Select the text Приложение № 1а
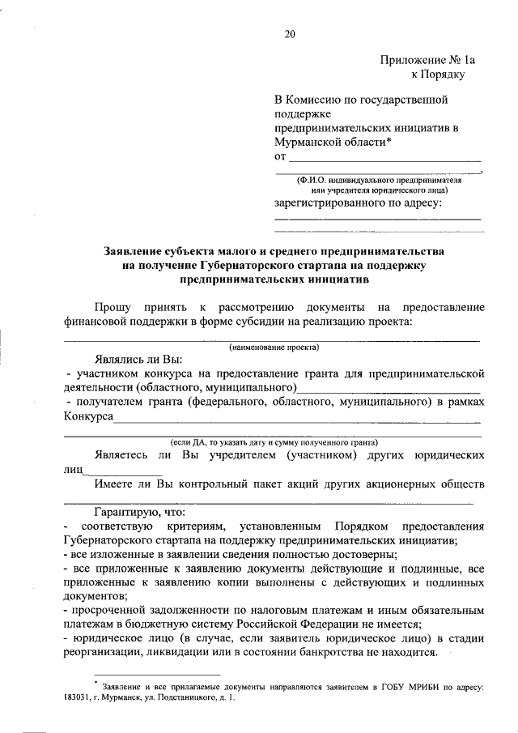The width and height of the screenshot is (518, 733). [422, 60]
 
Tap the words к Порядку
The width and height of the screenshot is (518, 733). [438, 75]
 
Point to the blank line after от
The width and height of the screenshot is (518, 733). [384, 157]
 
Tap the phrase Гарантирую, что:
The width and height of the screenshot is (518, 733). [140, 513]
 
